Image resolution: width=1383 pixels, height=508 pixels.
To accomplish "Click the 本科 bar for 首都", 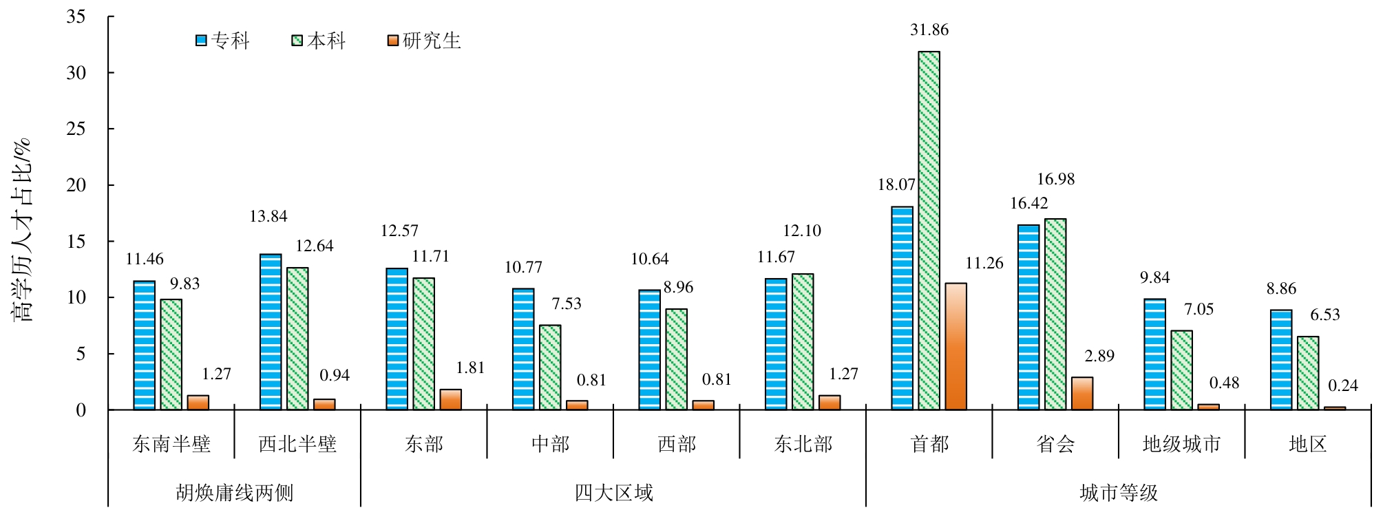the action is (x=929, y=231).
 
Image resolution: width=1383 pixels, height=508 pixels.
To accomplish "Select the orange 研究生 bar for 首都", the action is (x=956, y=346).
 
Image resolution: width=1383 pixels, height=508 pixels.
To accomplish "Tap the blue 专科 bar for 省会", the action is (x=1028, y=317).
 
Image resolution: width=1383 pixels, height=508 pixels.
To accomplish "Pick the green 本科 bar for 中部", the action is (x=550, y=368).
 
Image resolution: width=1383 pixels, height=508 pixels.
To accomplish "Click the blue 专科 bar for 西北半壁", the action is (x=271, y=332).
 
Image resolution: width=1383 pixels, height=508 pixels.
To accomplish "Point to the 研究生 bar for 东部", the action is (x=451, y=399).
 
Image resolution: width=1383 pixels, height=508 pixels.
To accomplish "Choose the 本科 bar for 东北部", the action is (x=803, y=341).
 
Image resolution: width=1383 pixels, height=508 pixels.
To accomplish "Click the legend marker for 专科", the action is (x=202, y=41).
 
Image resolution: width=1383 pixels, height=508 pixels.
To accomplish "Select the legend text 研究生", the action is (x=432, y=41).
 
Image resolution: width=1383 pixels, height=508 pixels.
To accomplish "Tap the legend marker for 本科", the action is (x=297, y=41).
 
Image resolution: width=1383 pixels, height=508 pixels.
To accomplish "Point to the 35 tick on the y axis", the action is (x=76, y=17).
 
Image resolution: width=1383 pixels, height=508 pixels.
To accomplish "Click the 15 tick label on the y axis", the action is (x=76, y=241).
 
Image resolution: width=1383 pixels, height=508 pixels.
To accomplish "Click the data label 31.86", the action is (x=929, y=30).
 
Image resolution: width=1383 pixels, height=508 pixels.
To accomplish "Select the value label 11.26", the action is (x=984, y=263).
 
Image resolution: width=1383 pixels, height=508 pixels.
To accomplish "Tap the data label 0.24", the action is (x=1343, y=385).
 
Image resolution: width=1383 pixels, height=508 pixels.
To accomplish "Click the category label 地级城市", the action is (x=1182, y=444).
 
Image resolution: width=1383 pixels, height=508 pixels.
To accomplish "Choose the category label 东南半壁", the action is (x=171, y=444).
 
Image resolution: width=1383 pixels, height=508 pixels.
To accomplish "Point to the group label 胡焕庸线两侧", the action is (x=235, y=493).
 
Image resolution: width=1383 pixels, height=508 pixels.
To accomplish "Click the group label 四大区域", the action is (x=613, y=493).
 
